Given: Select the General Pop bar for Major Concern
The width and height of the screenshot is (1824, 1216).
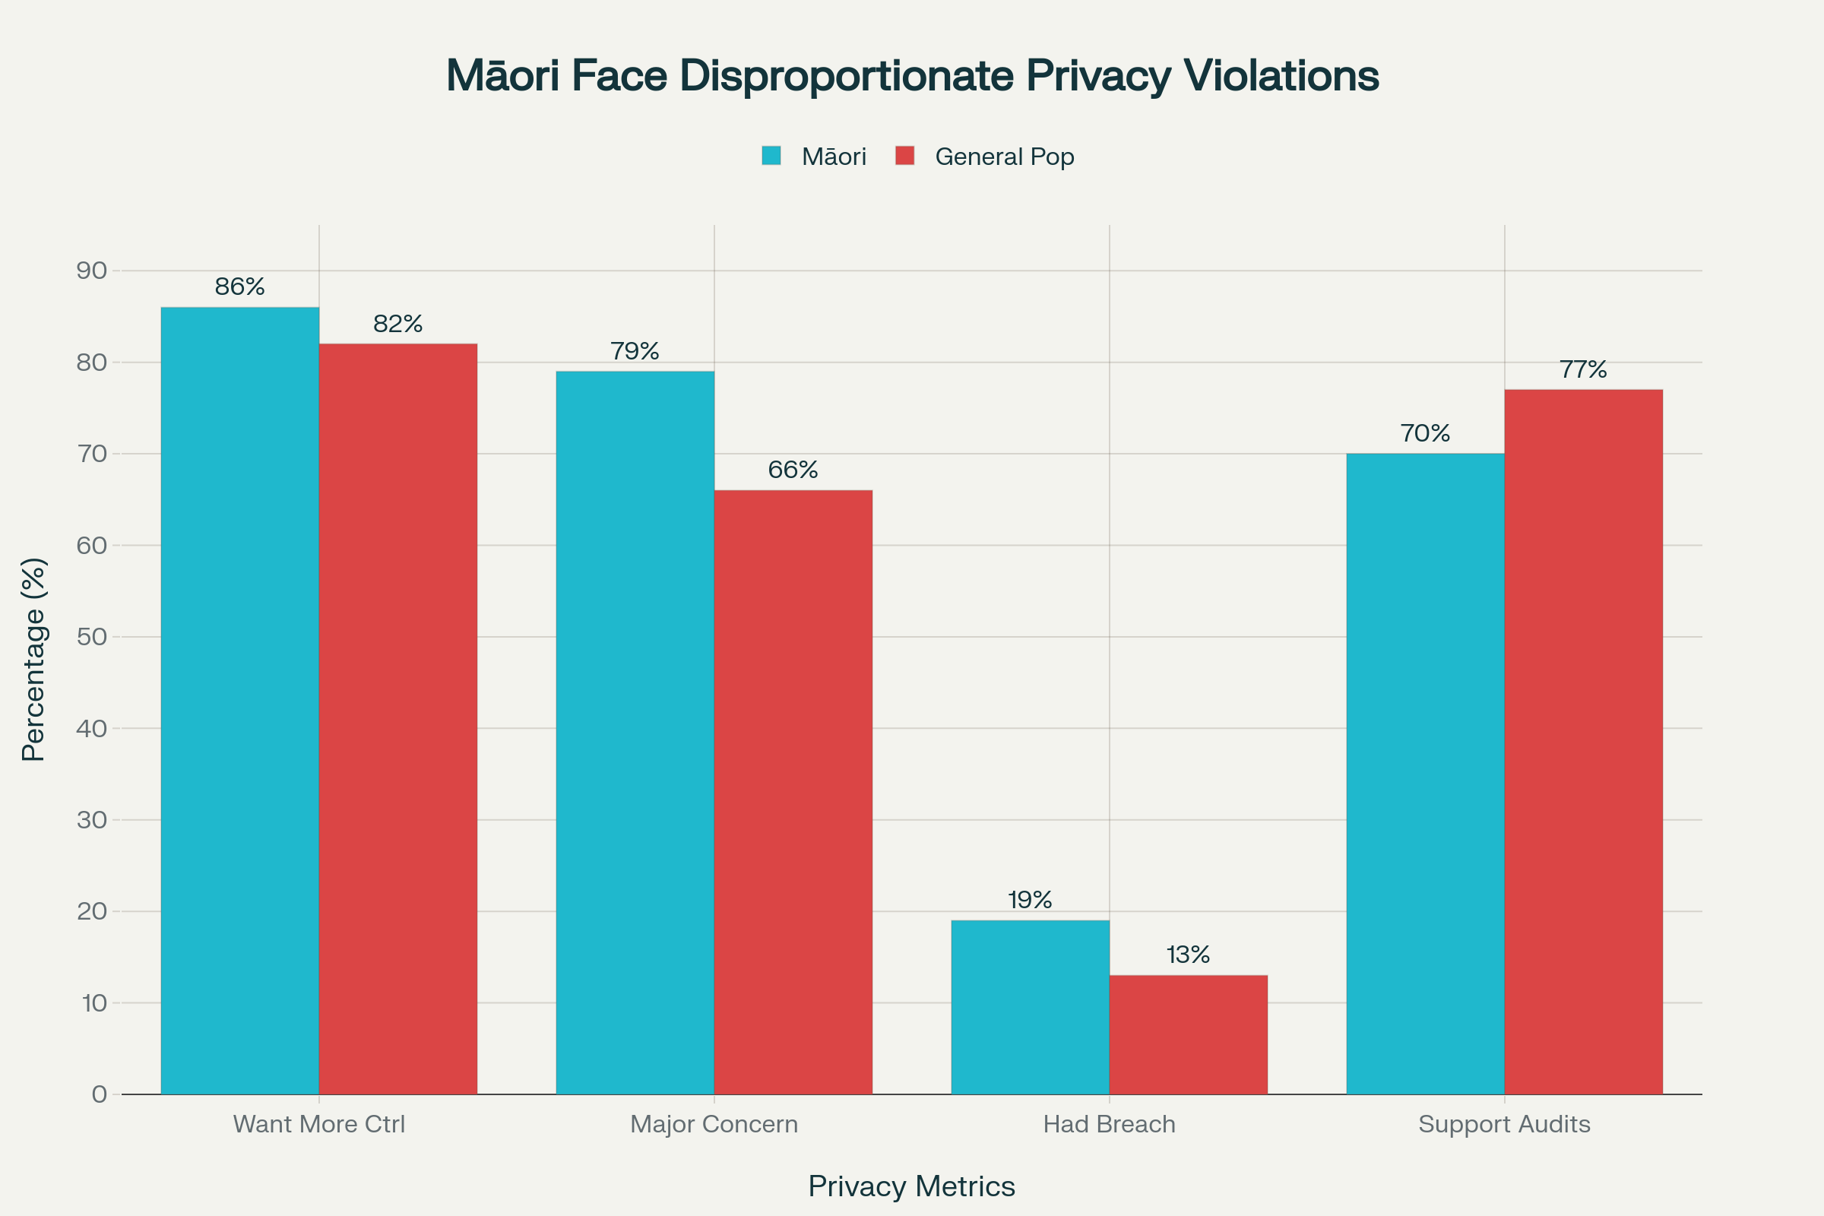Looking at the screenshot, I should click(793, 792).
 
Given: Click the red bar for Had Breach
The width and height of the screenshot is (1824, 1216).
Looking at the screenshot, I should click(1188, 1034).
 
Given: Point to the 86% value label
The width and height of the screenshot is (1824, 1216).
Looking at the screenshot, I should click(239, 287).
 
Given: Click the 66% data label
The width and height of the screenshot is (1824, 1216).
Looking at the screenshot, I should click(793, 470).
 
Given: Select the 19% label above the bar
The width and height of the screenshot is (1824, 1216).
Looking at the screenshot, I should click(1030, 900).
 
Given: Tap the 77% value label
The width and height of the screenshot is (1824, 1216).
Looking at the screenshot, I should click(1583, 370).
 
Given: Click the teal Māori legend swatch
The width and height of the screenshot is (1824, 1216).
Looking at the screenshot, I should click(771, 156).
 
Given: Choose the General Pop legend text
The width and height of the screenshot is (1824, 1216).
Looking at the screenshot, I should click(1004, 157).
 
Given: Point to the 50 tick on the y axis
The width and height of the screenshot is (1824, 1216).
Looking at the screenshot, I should click(91, 637).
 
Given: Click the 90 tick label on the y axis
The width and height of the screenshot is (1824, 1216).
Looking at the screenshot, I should click(91, 271).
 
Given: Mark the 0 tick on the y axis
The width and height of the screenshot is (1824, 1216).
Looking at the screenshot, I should click(100, 1094).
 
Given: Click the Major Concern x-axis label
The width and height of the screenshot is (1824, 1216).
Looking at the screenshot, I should click(714, 1125).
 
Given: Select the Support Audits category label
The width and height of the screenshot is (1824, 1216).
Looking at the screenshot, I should click(1504, 1125).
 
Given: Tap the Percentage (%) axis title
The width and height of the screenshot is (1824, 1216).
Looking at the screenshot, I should click(33, 659).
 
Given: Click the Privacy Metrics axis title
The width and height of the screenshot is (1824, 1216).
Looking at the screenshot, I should click(911, 1186).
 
